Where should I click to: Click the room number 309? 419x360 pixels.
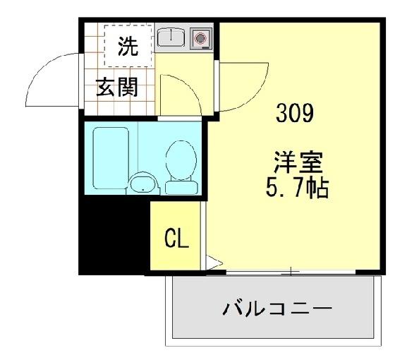pyautogui.click(x=294, y=113)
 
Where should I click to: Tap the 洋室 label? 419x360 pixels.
pyautogui.click(x=298, y=162)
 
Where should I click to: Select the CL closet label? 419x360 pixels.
pyautogui.click(x=176, y=239)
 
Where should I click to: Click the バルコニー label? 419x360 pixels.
pyautogui.click(x=277, y=308)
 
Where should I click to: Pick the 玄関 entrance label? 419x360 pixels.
pyautogui.click(x=117, y=88)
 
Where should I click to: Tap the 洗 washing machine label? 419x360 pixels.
pyautogui.click(x=128, y=46)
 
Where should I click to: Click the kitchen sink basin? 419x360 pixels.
pyautogui.click(x=171, y=37)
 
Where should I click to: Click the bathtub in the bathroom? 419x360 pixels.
pyautogui.click(x=111, y=158)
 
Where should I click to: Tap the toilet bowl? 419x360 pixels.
pyautogui.click(x=181, y=160)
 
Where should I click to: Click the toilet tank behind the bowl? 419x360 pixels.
pyautogui.click(x=182, y=188)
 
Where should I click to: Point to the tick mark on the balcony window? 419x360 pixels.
pyautogui.click(x=291, y=272)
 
